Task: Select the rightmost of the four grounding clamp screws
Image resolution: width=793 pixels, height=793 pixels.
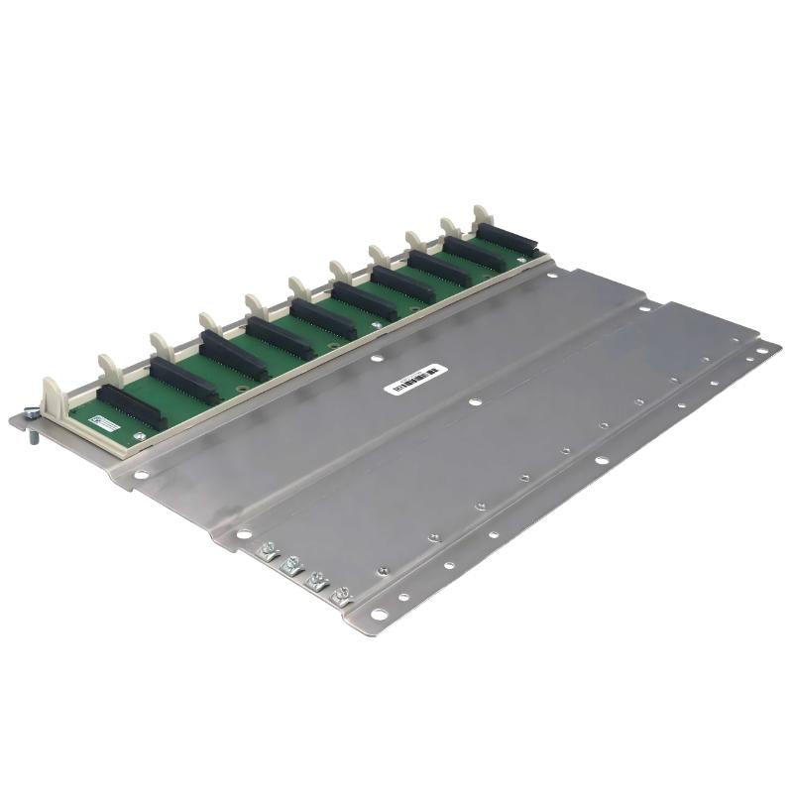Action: click(x=343, y=596)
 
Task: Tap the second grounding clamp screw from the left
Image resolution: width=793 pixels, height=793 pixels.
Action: click(x=290, y=565)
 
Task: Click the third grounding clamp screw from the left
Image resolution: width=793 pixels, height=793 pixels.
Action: click(x=317, y=581)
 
